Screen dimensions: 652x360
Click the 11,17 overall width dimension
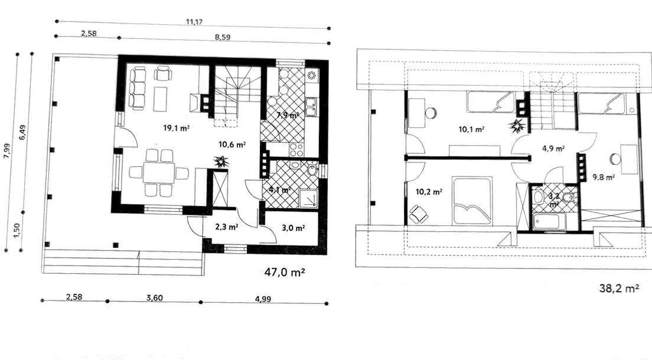click(x=194, y=22)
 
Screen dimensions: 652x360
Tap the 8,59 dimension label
click(x=223, y=37)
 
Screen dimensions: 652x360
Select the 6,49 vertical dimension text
click(x=22, y=132)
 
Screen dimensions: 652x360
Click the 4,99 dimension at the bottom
click(x=263, y=299)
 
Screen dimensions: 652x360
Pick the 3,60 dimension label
click(x=155, y=297)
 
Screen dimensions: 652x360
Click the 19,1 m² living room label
click(x=177, y=128)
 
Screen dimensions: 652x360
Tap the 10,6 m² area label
click(x=232, y=145)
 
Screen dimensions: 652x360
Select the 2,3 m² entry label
click(x=226, y=227)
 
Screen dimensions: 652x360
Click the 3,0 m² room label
click(x=294, y=227)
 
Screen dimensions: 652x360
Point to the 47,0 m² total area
click(x=285, y=272)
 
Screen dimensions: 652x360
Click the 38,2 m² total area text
click(x=619, y=287)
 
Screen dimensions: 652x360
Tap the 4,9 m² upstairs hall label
click(x=553, y=148)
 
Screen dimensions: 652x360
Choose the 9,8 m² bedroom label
click(x=604, y=177)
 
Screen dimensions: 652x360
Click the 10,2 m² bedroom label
click(x=429, y=192)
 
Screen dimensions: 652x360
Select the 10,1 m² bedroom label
click(x=471, y=129)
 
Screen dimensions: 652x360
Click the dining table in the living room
click(x=159, y=172)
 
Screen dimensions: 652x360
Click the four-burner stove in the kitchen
click(x=296, y=149)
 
